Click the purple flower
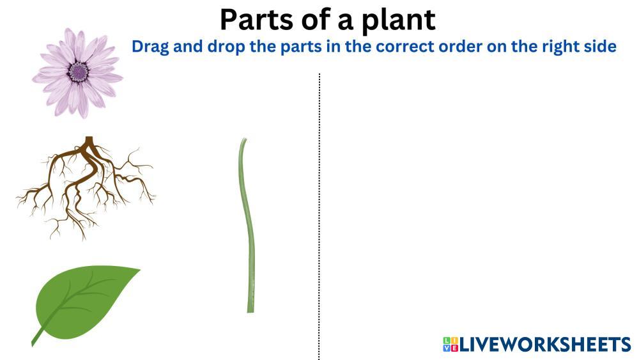coord(77,73)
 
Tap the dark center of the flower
coord(78,72)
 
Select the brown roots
coord(86,188)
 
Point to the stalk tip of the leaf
coord(33,345)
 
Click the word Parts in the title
coord(256,20)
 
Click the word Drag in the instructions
coord(150,47)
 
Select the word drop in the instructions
coord(226,47)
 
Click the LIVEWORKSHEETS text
coord(545,345)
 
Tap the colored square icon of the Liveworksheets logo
coord(450,345)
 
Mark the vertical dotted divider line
coord(319,217)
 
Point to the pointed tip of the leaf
coord(140,269)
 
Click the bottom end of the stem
coord(250,312)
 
